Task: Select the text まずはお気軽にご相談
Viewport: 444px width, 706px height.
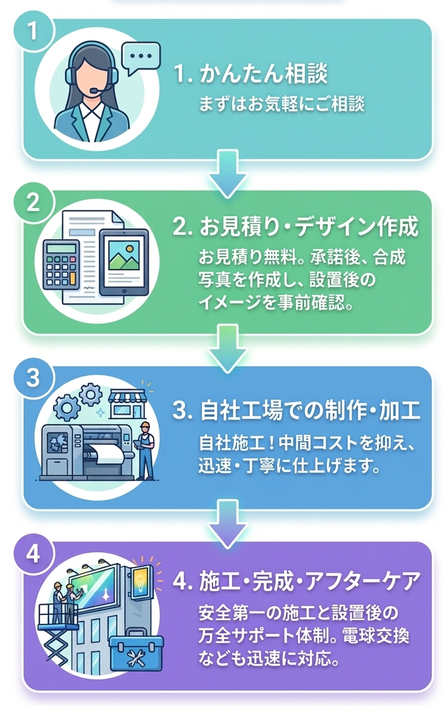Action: click(281, 104)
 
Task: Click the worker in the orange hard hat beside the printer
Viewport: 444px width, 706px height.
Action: click(145, 449)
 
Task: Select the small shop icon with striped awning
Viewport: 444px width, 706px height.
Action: click(127, 403)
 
